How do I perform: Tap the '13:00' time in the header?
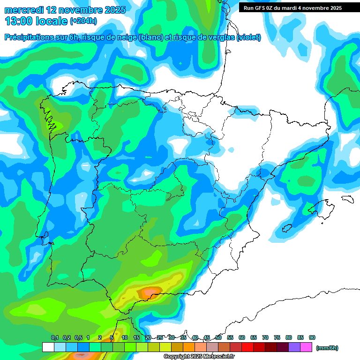click(x=17, y=21)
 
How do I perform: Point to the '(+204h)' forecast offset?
click(x=83, y=21)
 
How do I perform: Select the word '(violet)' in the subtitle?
click(x=248, y=37)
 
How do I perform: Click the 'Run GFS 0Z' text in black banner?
click(x=260, y=8)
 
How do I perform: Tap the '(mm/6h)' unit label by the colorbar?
click(x=327, y=348)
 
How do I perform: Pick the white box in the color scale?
click(x=48, y=347)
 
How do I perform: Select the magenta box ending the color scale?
click(x=306, y=347)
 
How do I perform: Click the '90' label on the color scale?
click(x=312, y=337)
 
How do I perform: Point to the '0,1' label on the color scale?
click(x=54, y=337)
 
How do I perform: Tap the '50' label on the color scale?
click(x=218, y=337)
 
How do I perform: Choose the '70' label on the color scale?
click(x=265, y=337)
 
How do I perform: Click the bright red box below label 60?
click(x=247, y=347)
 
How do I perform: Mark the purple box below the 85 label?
click(x=294, y=347)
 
